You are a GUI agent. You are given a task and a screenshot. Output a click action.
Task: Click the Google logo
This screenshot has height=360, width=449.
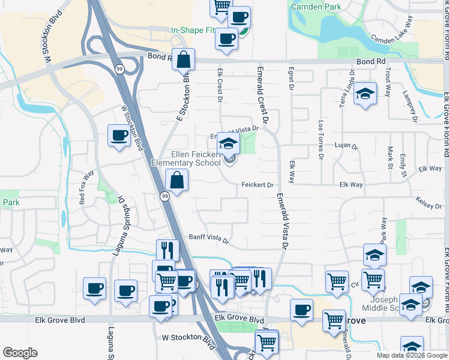(x=20, y=353)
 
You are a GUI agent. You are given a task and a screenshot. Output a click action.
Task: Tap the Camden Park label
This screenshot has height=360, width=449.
(x=315, y=7)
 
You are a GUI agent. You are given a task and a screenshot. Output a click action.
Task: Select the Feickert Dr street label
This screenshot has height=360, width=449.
(x=258, y=185)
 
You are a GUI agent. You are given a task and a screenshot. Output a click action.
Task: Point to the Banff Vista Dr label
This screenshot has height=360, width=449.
(x=209, y=239)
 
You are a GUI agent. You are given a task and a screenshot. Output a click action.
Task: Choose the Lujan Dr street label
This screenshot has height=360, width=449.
(x=346, y=146)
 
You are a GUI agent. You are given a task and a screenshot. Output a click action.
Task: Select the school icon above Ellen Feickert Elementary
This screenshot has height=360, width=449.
(x=228, y=143)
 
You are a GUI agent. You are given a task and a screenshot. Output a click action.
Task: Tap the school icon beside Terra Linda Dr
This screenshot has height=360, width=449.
(x=364, y=94)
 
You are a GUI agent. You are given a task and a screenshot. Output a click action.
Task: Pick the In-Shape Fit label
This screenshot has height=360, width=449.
(x=191, y=29)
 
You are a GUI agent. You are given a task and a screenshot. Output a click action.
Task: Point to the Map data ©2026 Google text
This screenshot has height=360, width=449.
(x=411, y=355)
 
